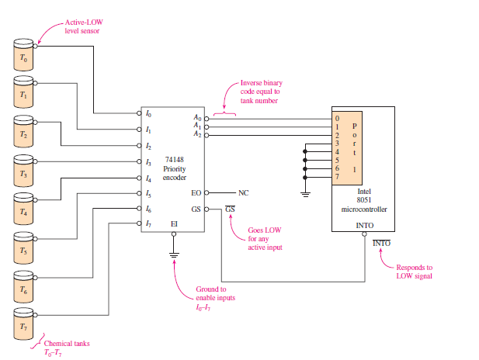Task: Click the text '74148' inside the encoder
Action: (x=173, y=159)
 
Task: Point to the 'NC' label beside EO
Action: (x=243, y=192)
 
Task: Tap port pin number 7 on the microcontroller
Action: (x=337, y=177)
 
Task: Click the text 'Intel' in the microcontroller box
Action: (x=364, y=190)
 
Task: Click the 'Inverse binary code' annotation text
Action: (x=259, y=92)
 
